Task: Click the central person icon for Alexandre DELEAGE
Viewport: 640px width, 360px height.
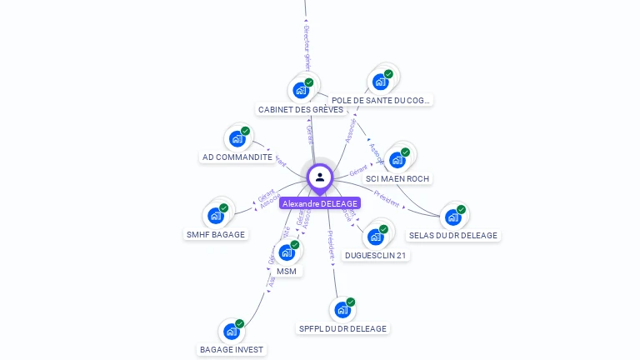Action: [x=320, y=177]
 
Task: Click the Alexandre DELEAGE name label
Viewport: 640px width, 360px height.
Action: [x=320, y=203]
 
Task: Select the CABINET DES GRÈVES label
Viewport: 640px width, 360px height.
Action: [x=300, y=109]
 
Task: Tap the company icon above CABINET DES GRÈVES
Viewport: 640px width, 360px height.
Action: [x=300, y=89]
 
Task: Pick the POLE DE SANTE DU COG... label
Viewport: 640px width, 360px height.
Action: [x=381, y=100]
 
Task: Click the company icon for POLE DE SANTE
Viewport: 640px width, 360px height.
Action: [x=381, y=81]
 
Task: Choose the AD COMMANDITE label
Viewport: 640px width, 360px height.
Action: [x=237, y=157]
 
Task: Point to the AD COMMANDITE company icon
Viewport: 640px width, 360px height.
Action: [x=237, y=137]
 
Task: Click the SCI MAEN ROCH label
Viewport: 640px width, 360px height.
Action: [x=397, y=178]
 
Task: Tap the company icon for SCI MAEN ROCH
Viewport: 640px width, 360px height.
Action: [x=397, y=159]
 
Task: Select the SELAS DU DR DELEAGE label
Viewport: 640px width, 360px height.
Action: [x=453, y=235]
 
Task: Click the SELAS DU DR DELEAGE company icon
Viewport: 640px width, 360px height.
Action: [x=453, y=217]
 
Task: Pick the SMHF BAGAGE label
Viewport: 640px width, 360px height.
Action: [x=216, y=234]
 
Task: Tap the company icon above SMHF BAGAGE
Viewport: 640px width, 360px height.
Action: [x=216, y=215]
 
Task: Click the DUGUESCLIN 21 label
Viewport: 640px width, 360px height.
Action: [x=376, y=255]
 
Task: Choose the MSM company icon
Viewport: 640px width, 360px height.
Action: [x=287, y=252]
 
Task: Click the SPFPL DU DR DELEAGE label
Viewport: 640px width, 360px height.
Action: [x=342, y=328]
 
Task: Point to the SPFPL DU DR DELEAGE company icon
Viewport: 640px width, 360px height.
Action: [x=342, y=309]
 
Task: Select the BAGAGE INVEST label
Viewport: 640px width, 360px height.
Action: [x=232, y=350]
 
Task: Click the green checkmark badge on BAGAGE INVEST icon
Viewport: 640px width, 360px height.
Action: [x=240, y=323]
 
